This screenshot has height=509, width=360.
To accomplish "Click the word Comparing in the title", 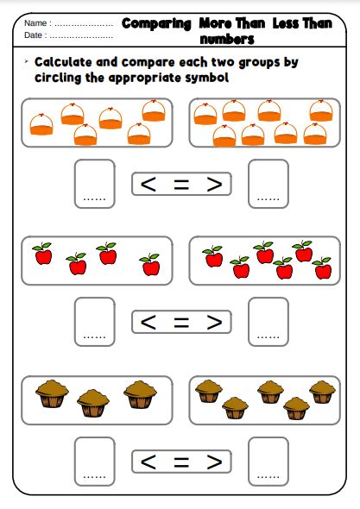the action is coord(156,24).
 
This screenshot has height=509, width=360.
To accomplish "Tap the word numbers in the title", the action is coord(227,39).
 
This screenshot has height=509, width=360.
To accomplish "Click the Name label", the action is coord(35,23).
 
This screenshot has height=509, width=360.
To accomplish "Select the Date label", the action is coord(33,35).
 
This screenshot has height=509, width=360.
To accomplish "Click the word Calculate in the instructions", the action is coord(63,62).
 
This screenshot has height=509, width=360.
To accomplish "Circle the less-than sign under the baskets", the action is coord(148,184).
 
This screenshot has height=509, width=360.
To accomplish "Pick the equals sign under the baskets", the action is coord(181,184).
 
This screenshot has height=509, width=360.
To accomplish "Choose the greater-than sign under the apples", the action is coord(214,322).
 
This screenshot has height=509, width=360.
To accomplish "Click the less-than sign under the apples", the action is coord(148,322).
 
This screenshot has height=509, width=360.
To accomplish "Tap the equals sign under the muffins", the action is coord(181,462).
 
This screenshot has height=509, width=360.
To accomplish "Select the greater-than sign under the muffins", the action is coord(214,462).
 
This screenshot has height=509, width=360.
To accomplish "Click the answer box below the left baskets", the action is coord(95,184).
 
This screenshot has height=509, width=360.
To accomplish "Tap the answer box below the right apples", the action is coord(268,322).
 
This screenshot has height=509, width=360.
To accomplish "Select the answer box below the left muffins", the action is coord(95,462).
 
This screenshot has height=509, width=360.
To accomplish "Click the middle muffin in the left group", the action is coord(93,403).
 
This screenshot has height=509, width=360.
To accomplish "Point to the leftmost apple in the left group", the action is coord(42,254).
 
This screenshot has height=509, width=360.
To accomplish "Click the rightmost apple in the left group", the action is coord(150,265).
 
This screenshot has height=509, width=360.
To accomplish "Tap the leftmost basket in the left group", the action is coord(41,124).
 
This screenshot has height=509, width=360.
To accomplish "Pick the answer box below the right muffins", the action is coord(268,462).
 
